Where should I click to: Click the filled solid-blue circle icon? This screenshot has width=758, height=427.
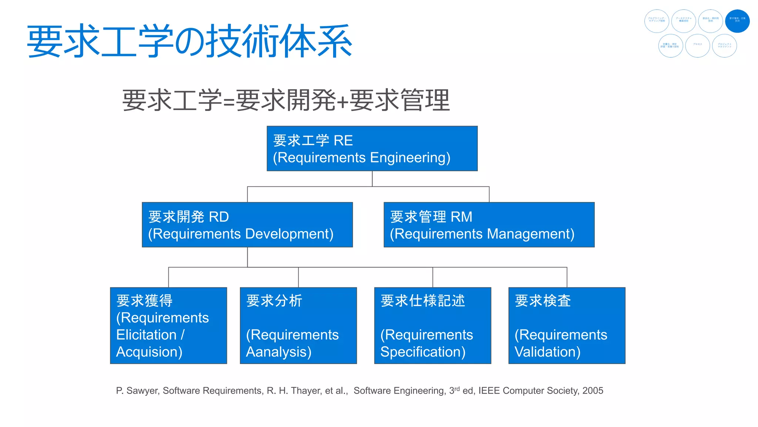[x=737, y=21]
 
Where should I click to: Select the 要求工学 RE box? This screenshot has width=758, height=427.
[x=372, y=149]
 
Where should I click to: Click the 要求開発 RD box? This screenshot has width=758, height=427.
[x=247, y=225]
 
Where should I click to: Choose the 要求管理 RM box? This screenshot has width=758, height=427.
[x=489, y=225]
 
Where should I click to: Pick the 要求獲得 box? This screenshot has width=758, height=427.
[x=168, y=325]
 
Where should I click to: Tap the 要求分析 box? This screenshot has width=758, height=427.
[x=298, y=325]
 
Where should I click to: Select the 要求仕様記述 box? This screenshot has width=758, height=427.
[x=432, y=325]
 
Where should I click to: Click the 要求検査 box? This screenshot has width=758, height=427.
[x=567, y=325]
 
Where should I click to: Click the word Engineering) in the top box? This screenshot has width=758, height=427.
[x=410, y=158]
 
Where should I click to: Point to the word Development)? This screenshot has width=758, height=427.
[x=289, y=234]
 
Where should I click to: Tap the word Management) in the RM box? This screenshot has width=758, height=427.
[x=531, y=234]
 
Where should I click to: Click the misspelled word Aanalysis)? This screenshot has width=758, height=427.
[x=279, y=352]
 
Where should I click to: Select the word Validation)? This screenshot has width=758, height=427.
[x=547, y=352]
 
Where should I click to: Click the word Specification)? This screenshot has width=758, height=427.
[x=423, y=352]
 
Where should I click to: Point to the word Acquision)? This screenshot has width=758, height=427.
[x=149, y=352]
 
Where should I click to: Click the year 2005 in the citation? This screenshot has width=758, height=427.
[x=593, y=391]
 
